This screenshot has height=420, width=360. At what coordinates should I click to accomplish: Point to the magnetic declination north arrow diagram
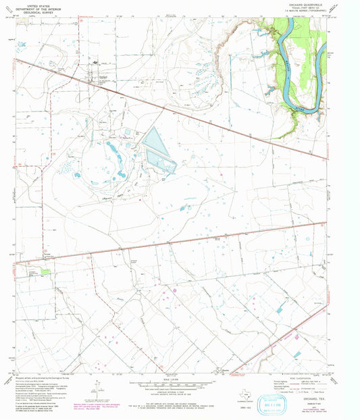(x=99, y=390)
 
